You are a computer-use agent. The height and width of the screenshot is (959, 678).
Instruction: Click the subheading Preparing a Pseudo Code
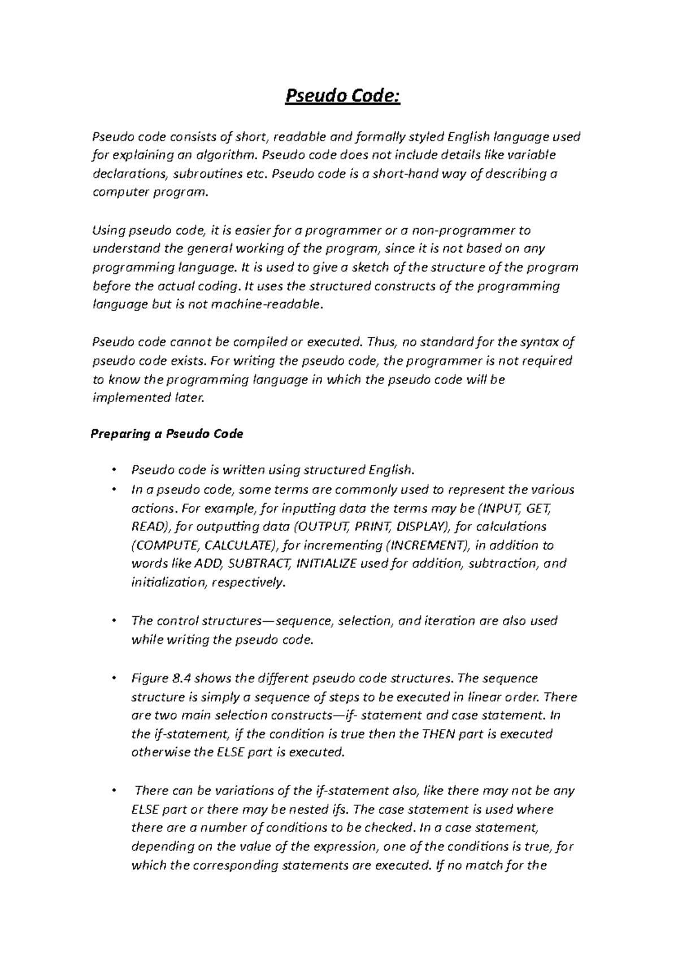(167, 434)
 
